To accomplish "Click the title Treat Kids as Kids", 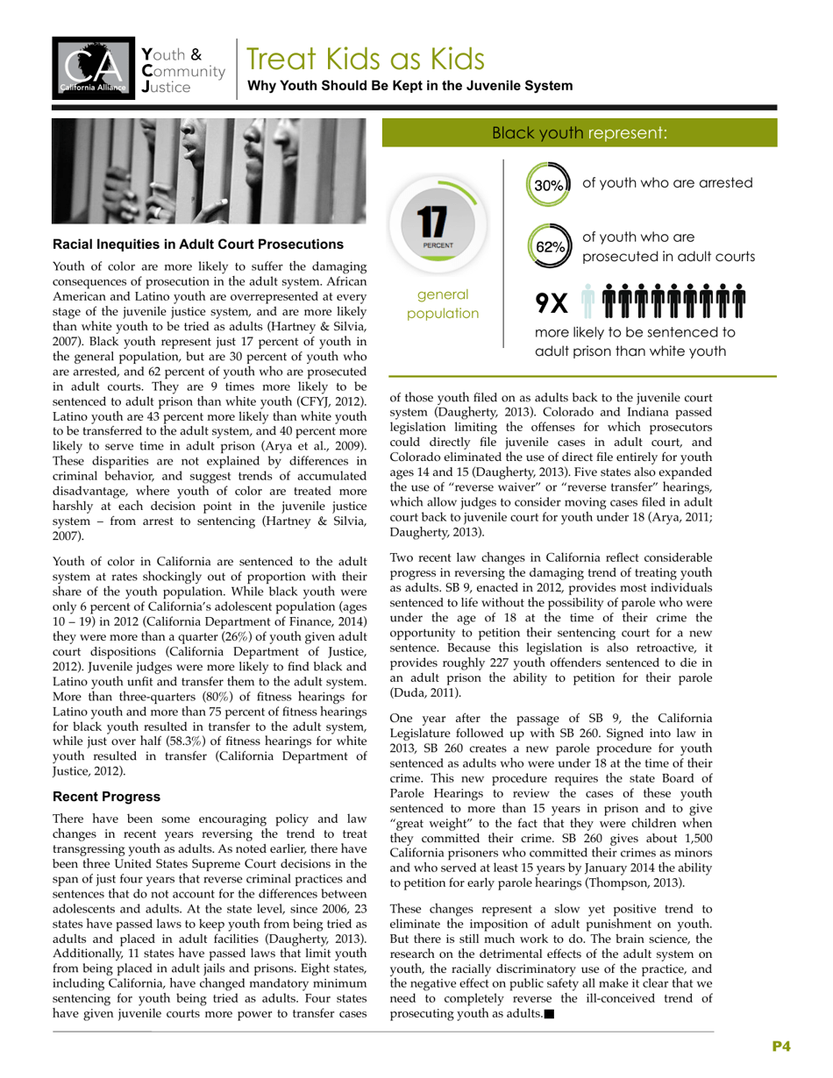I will (365, 59).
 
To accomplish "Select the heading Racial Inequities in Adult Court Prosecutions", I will (198, 244).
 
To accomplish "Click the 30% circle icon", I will (548, 185).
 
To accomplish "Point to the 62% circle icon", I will (548, 246).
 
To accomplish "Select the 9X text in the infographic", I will (552, 303).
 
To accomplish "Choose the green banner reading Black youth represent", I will (579, 133).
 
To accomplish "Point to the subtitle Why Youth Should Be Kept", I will (410, 86).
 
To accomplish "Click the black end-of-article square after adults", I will (549, 1015).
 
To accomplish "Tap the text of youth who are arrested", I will (667, 183).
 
